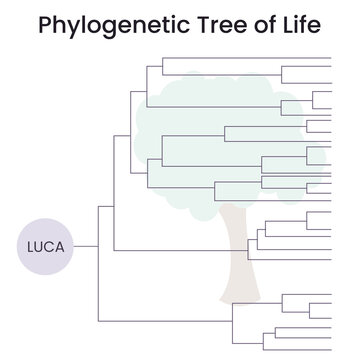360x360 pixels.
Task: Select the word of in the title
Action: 269,24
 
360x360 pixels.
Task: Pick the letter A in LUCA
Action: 62,245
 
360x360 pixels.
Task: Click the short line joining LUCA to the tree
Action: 86,245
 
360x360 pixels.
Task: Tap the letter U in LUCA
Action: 42,245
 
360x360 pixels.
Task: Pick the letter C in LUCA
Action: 52,245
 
